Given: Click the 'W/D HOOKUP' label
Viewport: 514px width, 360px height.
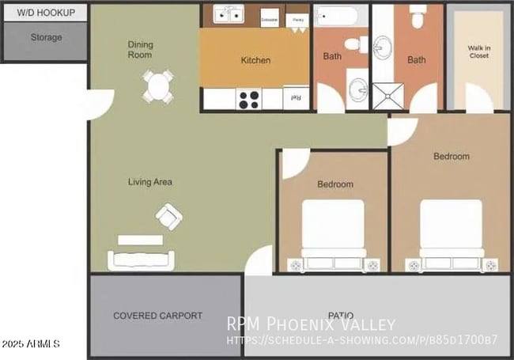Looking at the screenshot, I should click(47, 13).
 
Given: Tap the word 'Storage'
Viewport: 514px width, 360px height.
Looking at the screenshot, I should click(46, 37).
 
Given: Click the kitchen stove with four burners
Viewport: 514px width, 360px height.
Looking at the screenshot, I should click(249, 99).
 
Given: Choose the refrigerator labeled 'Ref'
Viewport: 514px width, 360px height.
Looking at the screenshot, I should click(296, 97).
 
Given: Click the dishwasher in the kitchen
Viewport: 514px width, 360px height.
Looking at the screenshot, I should click(270, 17).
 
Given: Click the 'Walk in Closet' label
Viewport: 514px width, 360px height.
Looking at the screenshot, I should click(478, 51).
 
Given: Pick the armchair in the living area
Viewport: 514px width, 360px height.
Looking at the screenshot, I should click(169, 215).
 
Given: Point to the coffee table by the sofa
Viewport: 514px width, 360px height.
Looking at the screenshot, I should click(140, 239).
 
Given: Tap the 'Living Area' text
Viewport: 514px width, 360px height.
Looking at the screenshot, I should click(150, 182).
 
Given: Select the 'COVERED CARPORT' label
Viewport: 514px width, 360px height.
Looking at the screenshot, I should click(157, 315).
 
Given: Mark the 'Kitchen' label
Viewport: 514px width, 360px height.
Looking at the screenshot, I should click(255, 60).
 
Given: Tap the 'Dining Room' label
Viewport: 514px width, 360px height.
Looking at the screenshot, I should click(141, 50).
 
